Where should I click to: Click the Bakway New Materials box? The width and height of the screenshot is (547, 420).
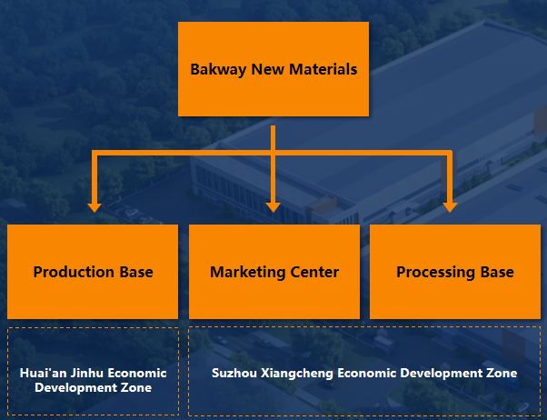click(273, 69)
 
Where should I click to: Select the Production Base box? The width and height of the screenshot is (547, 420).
click(93, 272)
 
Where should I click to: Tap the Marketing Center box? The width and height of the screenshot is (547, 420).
click(273, 272)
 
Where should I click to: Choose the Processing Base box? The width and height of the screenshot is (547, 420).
click(454, 272)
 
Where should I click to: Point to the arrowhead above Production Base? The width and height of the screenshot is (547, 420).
click(94, 205)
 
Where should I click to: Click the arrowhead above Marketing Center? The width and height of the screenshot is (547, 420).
click(273, 205)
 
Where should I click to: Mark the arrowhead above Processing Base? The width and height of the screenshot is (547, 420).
click(448, 205)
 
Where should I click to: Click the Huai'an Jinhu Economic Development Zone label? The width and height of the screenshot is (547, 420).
click(93, 380)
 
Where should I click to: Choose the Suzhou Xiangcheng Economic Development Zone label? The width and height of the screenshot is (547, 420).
click(363, 373)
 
